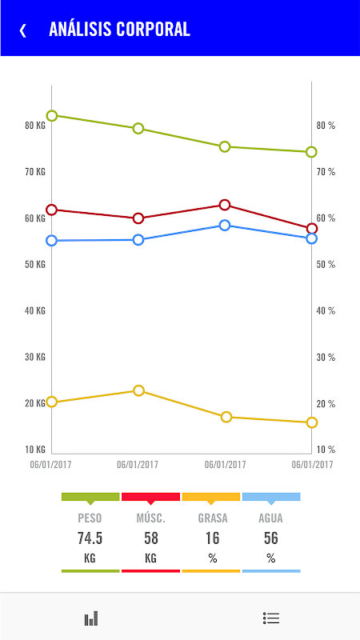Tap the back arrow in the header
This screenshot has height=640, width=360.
coord(23,30)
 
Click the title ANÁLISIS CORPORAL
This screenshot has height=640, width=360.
coord(119,30)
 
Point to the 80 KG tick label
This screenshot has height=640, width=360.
coord(35,126)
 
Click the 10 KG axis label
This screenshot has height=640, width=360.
coord(35,450)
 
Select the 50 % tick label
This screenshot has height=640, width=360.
coord(326,265)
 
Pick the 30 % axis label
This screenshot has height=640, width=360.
coord(326,358)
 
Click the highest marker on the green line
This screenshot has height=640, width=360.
coord(52,116)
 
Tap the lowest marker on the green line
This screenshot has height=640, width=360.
coord(311,152)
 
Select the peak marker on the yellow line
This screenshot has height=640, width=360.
coord(139,390)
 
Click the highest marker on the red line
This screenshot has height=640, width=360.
coord(225,205)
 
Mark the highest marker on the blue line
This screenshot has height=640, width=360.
coord(225,226)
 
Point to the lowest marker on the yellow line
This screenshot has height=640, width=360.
coord(312,422)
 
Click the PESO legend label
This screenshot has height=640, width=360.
coord(90,518)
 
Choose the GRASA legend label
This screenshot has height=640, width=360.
coord(213,518)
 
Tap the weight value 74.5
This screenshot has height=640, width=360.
coord(90,538)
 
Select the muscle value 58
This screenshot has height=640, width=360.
coord(150,538)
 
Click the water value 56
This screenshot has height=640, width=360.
coord(271,538)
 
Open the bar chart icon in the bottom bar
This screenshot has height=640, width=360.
coord(91,618)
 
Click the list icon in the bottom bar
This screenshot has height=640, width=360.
coord(271,618)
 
